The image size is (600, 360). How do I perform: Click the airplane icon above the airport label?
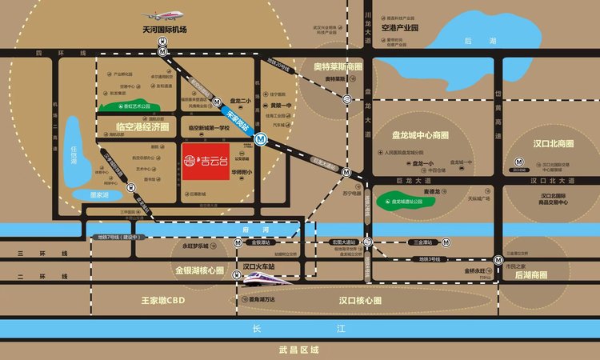coord(162,14)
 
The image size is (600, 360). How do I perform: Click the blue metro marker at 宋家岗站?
coord(261,138)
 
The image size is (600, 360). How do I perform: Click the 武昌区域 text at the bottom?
coord(299,350)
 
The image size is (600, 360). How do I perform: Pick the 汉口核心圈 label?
coord(359,300)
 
